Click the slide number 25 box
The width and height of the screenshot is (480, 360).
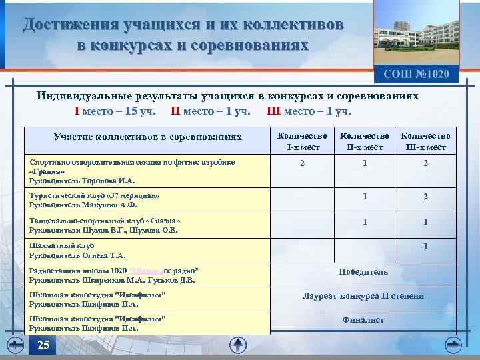pyautogui.click(x=43, y=345)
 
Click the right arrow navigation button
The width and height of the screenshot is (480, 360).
pyautogui.click(x=453, y=344)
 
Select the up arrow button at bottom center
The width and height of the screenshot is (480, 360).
pyautogui.click(x=238, y=345)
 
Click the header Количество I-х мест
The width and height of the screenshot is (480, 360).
pyautogui.click(x=303, y=141)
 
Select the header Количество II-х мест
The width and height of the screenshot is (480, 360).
pyautogui.click(x=364, y=141)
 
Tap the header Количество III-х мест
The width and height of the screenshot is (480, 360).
pyautogui.click(x=425, y=141)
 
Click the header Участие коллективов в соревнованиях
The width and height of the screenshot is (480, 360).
pyautogui.click(x=147, y=137)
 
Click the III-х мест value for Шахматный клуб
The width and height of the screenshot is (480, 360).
pyautogui.click(x=425, y=247)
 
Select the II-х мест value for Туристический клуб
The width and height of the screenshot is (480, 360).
pyautogui.click(x=364, y=197)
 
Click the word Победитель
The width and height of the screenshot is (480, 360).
pyautogui.click(x=363, y=271)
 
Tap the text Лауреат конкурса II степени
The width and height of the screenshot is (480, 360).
pyautogui.click(x=363, y=296)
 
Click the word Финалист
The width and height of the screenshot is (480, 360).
pyautogui.click(x=363, y=319)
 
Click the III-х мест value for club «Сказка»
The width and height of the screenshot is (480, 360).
pyautogui.click(x=425, y=222)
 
